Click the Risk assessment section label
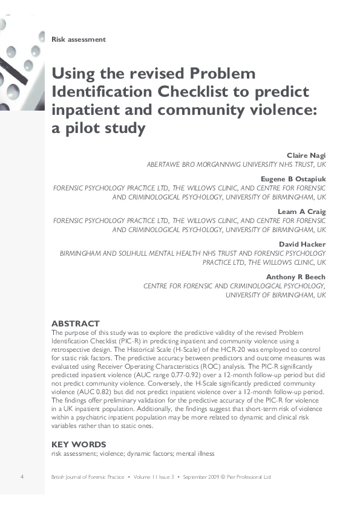point(79,39)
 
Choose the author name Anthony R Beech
point(296,277)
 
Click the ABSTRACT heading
point(76,324)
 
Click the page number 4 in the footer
point(22,477)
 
